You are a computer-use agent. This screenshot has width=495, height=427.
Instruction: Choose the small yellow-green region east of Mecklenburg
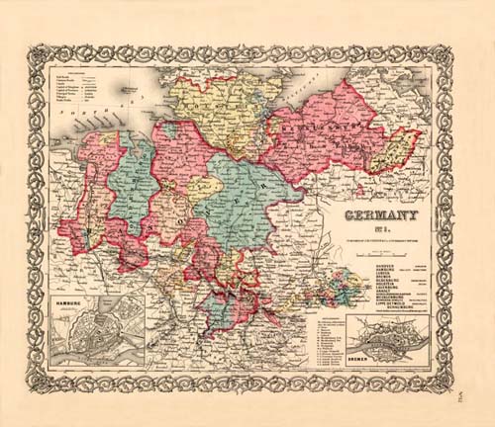(402, 152)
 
